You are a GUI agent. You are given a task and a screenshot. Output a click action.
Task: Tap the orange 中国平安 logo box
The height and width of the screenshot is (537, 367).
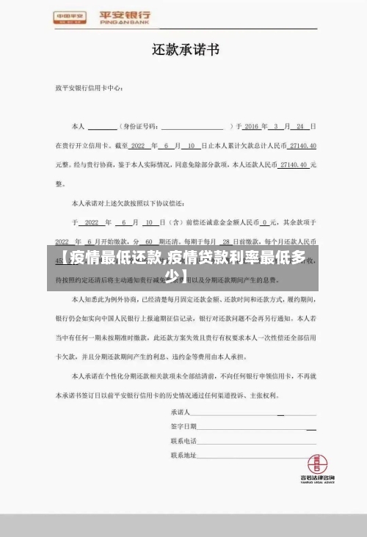tap(70, 18)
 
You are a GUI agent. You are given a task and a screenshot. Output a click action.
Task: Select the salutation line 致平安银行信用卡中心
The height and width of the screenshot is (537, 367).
tap(89, 89)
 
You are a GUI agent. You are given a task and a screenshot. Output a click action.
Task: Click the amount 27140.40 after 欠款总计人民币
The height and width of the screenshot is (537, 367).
tap(302, 146)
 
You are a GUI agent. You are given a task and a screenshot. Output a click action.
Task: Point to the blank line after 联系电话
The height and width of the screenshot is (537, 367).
tap(257, 442)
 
